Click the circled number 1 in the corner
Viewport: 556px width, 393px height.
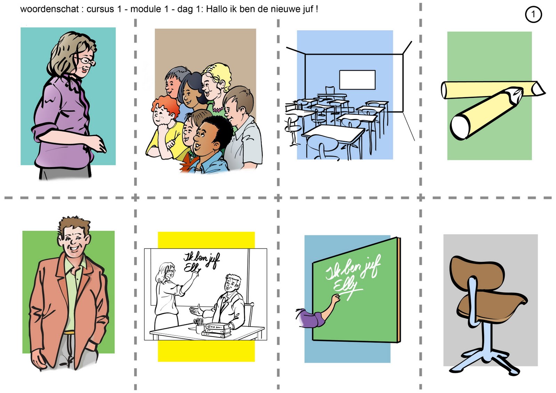click(x=533, y=14)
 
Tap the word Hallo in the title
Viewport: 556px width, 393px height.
click(x=218, y=9)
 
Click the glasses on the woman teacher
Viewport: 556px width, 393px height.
click(x=87, y=61)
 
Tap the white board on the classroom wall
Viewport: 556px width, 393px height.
click(x=357, y=80)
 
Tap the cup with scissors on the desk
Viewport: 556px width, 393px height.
click(x=199, y=325)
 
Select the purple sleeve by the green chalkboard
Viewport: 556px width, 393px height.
click(x=310, y=318)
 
